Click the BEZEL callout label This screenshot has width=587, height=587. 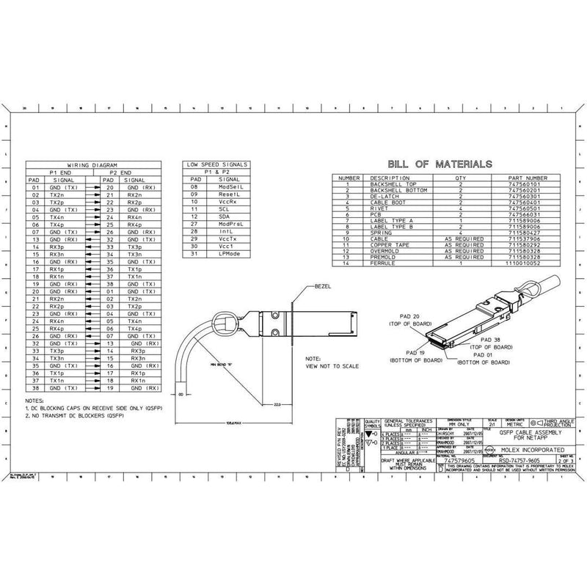pos(324,285)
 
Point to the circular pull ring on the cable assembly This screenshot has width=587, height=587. pos(225,320)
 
